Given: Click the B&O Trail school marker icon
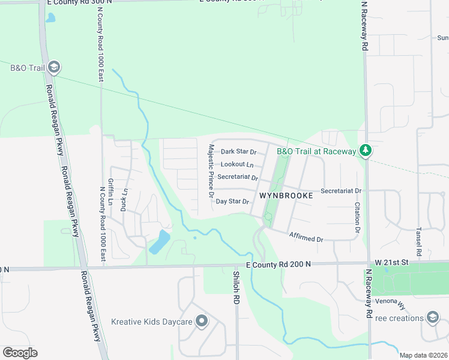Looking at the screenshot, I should click(54, 67).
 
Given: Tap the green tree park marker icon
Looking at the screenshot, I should click(364, 151).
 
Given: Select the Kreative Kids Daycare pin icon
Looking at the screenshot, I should click(202, 322).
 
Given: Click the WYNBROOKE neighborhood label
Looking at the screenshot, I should click(286, 196).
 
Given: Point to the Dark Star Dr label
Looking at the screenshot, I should click(238, 152).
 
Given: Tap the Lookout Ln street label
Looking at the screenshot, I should click(237, 164).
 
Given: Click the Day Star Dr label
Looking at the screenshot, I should click(232, 202).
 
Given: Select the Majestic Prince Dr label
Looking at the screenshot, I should click(211, 171).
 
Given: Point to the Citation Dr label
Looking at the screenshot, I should click(357, 218).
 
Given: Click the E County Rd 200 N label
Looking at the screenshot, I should click(279, 264).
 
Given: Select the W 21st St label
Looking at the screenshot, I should click(391, 263).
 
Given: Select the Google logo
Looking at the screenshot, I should click(20, 353).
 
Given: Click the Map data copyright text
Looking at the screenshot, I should click(424, 355).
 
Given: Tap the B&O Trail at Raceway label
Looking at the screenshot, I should click(316, 151).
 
